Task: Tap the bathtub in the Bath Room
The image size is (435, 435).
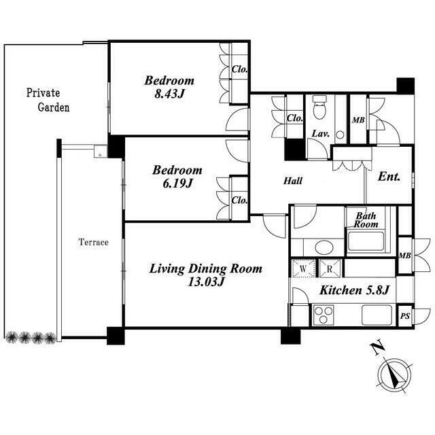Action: click(x=366, y=241)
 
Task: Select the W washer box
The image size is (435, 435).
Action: click(x=303, y=268)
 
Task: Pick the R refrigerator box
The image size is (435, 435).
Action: click(x=330, y=268)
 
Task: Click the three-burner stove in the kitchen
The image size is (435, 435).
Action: click(x=324, y=315)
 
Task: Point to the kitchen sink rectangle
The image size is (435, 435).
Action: click(x=377, y=315)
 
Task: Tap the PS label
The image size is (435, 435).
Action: click(x=405, y=316)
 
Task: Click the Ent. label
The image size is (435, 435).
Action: click(x=389, y=177)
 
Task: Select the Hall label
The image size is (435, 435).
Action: click(x=293, y=181)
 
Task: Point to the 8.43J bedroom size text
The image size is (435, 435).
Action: click(x=169, y=94)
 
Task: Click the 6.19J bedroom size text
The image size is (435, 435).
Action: click(x=177, y=184)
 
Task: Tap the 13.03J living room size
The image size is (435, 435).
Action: click(x=206, y=282)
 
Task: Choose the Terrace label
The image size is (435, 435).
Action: click(x=94, y=242)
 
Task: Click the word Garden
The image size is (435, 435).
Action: click(x=54, y=107)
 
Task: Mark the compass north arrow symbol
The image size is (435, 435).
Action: click(x=396, y=375)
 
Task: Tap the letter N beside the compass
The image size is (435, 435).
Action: click(x=378, y=349)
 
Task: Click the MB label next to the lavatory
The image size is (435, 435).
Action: click(x=358, y=120)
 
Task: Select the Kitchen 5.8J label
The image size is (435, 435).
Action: click(x=355, y=290)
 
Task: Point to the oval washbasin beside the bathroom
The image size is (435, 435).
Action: click(x=323, y=247)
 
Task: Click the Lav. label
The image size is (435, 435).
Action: click(x=320, y=134)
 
